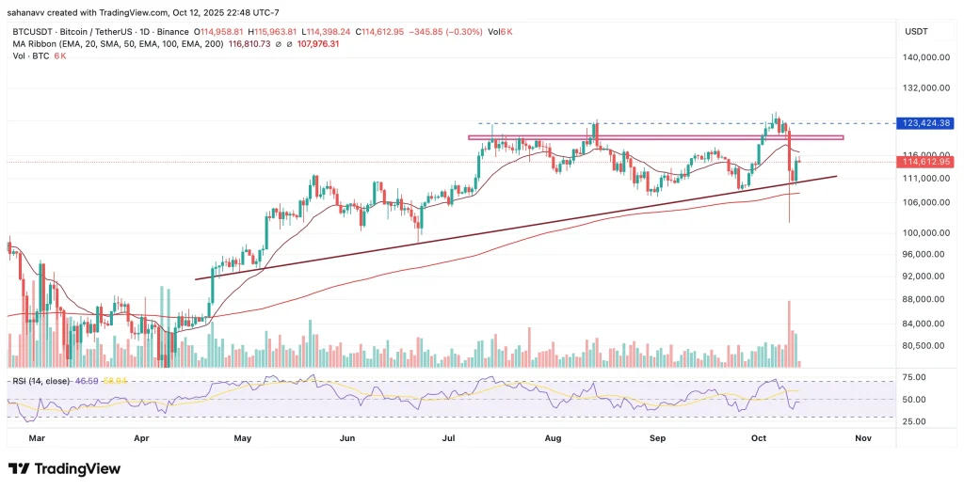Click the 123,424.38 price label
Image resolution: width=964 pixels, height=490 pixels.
click(927, 123)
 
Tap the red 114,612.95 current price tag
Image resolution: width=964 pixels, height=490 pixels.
click(927, 162)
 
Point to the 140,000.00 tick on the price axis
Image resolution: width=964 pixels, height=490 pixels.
click(925, 57)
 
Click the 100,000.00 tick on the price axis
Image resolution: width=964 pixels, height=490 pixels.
click(925, 232)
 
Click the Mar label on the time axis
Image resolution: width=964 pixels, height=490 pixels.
click(37, 438)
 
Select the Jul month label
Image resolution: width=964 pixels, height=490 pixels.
click(447, 438)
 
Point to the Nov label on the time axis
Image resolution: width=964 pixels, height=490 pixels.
click(861, 438)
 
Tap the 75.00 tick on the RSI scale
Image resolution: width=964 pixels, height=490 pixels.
click(913, 377)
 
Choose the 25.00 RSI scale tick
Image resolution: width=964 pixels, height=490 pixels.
click(913, 420)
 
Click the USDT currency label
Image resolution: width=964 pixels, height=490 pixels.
click(917, 31)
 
